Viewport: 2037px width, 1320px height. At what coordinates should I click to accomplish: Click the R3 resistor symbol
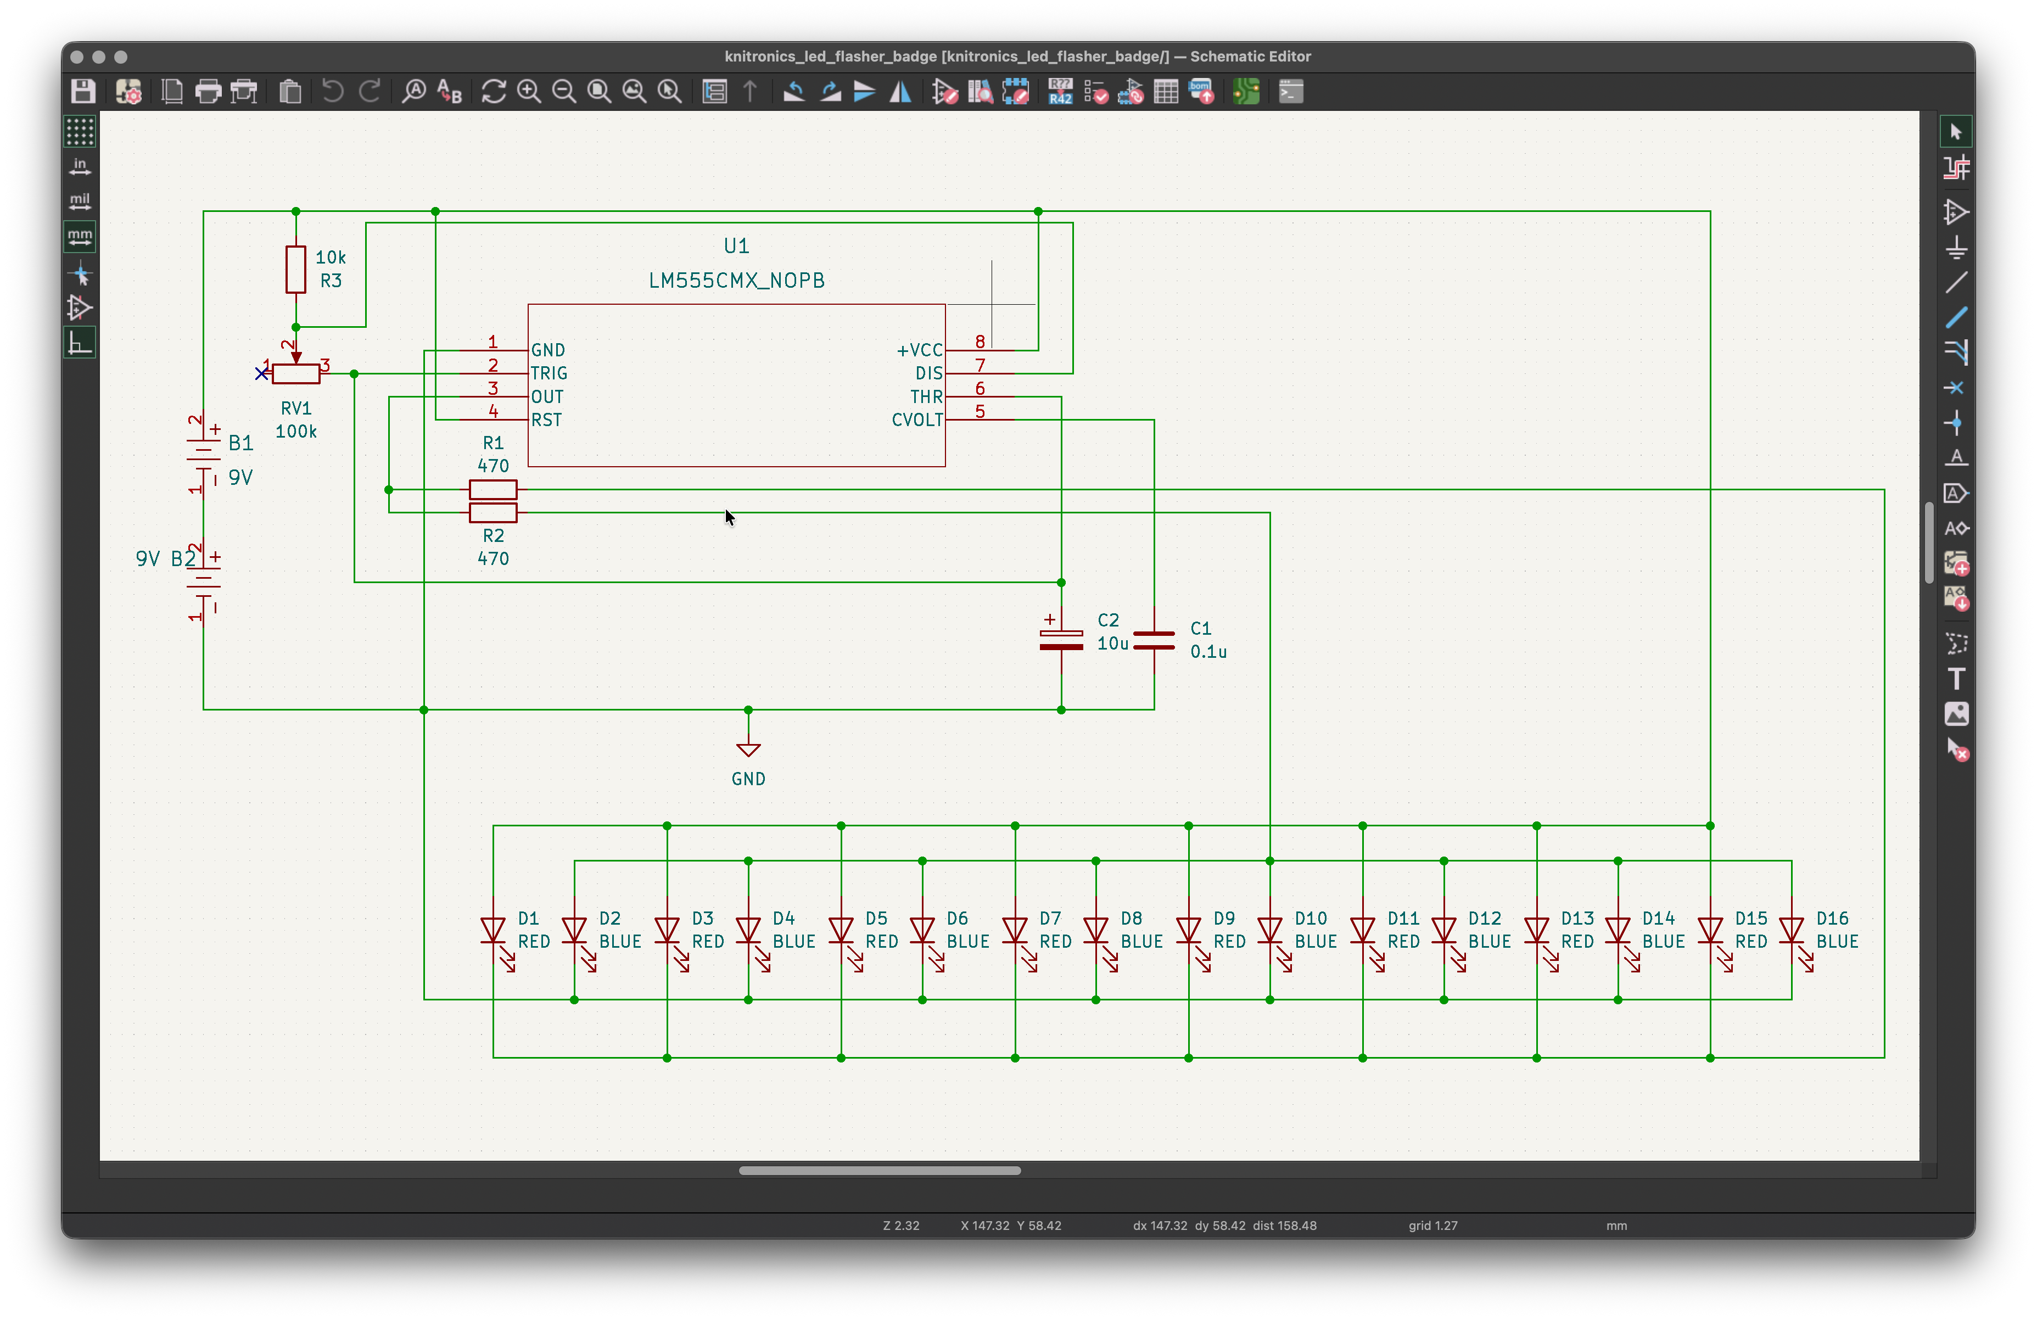point(295,269)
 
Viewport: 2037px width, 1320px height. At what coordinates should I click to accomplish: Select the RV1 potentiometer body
point(295,373)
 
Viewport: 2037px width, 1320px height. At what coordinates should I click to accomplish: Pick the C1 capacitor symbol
point(1154,640)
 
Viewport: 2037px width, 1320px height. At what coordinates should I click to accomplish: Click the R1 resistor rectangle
point(493,490)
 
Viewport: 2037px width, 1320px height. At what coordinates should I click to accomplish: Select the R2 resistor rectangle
point(493,513)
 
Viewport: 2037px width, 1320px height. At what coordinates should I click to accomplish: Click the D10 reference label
point(1311,919)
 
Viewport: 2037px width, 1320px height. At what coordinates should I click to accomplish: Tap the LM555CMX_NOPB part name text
point(736,281)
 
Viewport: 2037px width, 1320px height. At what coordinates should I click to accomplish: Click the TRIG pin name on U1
point(549,373)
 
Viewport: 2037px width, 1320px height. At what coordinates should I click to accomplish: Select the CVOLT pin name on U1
point(917,420)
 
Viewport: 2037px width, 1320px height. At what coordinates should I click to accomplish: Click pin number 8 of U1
point(980,342)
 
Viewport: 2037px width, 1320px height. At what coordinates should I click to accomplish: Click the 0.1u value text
point(1208,651)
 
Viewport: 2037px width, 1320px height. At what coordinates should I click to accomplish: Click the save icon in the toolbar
point(83,91)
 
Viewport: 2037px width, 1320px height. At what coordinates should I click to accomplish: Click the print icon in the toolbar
point(208,91)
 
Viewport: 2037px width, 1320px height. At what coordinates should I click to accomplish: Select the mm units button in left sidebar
point(80,236)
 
